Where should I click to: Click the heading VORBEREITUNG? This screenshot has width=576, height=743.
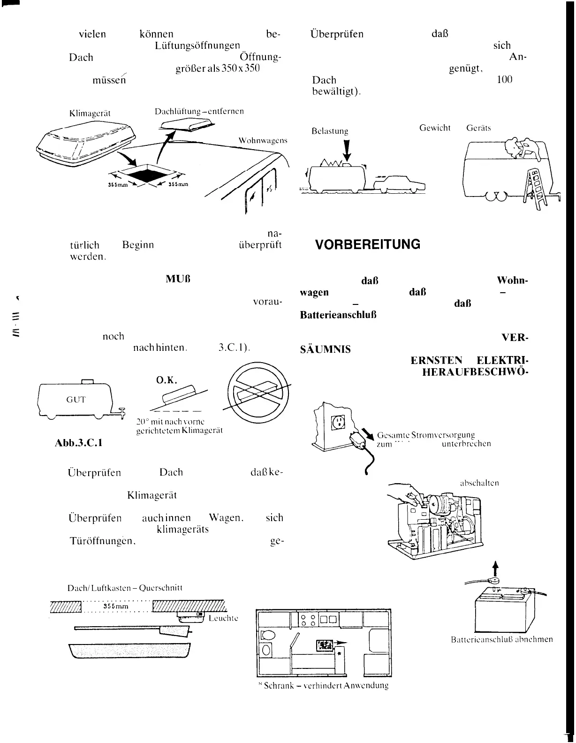point(367,245)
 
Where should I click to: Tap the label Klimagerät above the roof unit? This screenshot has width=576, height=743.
point(90,114)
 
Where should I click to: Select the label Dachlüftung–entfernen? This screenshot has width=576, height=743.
point(199,112)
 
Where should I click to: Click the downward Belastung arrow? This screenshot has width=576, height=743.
point(347,150)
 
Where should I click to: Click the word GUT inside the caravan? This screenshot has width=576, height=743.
point(76,400)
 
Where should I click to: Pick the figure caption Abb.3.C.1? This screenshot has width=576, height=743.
point(78,442)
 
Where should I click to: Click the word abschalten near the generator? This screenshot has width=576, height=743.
point(479,483)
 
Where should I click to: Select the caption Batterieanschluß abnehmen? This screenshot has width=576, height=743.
point(501,639)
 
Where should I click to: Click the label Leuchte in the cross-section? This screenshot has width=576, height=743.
point(223,618)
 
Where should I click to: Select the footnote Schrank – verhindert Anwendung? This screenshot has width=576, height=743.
point(324,685)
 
